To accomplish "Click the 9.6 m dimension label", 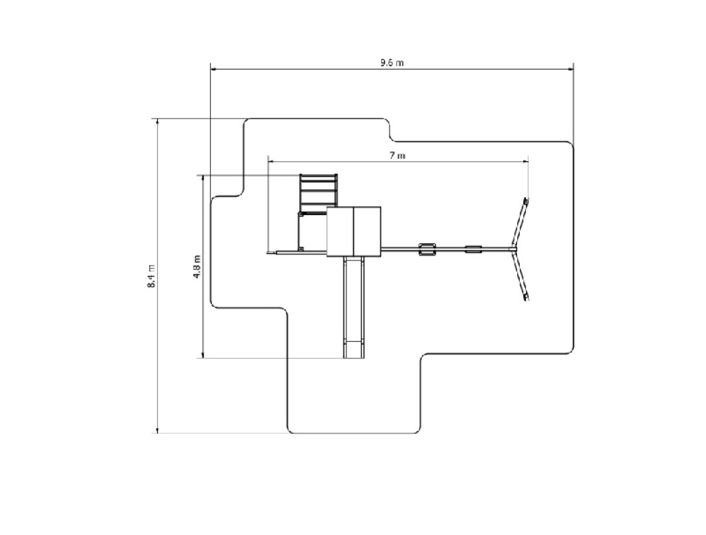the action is tap(392, 63).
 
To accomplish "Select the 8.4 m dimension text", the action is tap(151, 276).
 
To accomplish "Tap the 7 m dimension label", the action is tap(397, 155).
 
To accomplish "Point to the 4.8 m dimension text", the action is tap(197, 267).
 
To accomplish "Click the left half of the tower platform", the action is tap(340, 232).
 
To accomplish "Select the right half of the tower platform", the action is tap(367, 232).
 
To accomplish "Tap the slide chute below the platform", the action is tap(354, 307).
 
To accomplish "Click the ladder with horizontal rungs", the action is tap(319, 193).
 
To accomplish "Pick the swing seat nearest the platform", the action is tap(427, 249).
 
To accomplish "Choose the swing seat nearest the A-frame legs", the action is tap(473, 249).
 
